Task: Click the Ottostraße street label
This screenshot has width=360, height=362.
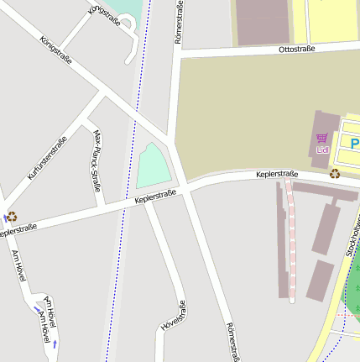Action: (x=296, y=50)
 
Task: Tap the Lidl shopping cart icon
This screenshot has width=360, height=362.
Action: (x=321, y=139)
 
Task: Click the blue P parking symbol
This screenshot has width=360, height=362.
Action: (x=355, y=144)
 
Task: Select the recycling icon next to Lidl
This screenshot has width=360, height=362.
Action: (x=335, y=174)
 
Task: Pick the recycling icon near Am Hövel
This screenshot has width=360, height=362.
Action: (x=12, y=216)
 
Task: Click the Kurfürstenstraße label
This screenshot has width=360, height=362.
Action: (x=46, y=158)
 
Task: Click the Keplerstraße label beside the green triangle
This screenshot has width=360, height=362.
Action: (x=155, y=197)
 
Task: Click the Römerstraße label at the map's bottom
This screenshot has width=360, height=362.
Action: (x=232, y=341)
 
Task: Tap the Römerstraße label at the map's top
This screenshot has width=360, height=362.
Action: (x=178, y=22)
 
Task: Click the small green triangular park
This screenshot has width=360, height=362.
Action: (x=154, y=168)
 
